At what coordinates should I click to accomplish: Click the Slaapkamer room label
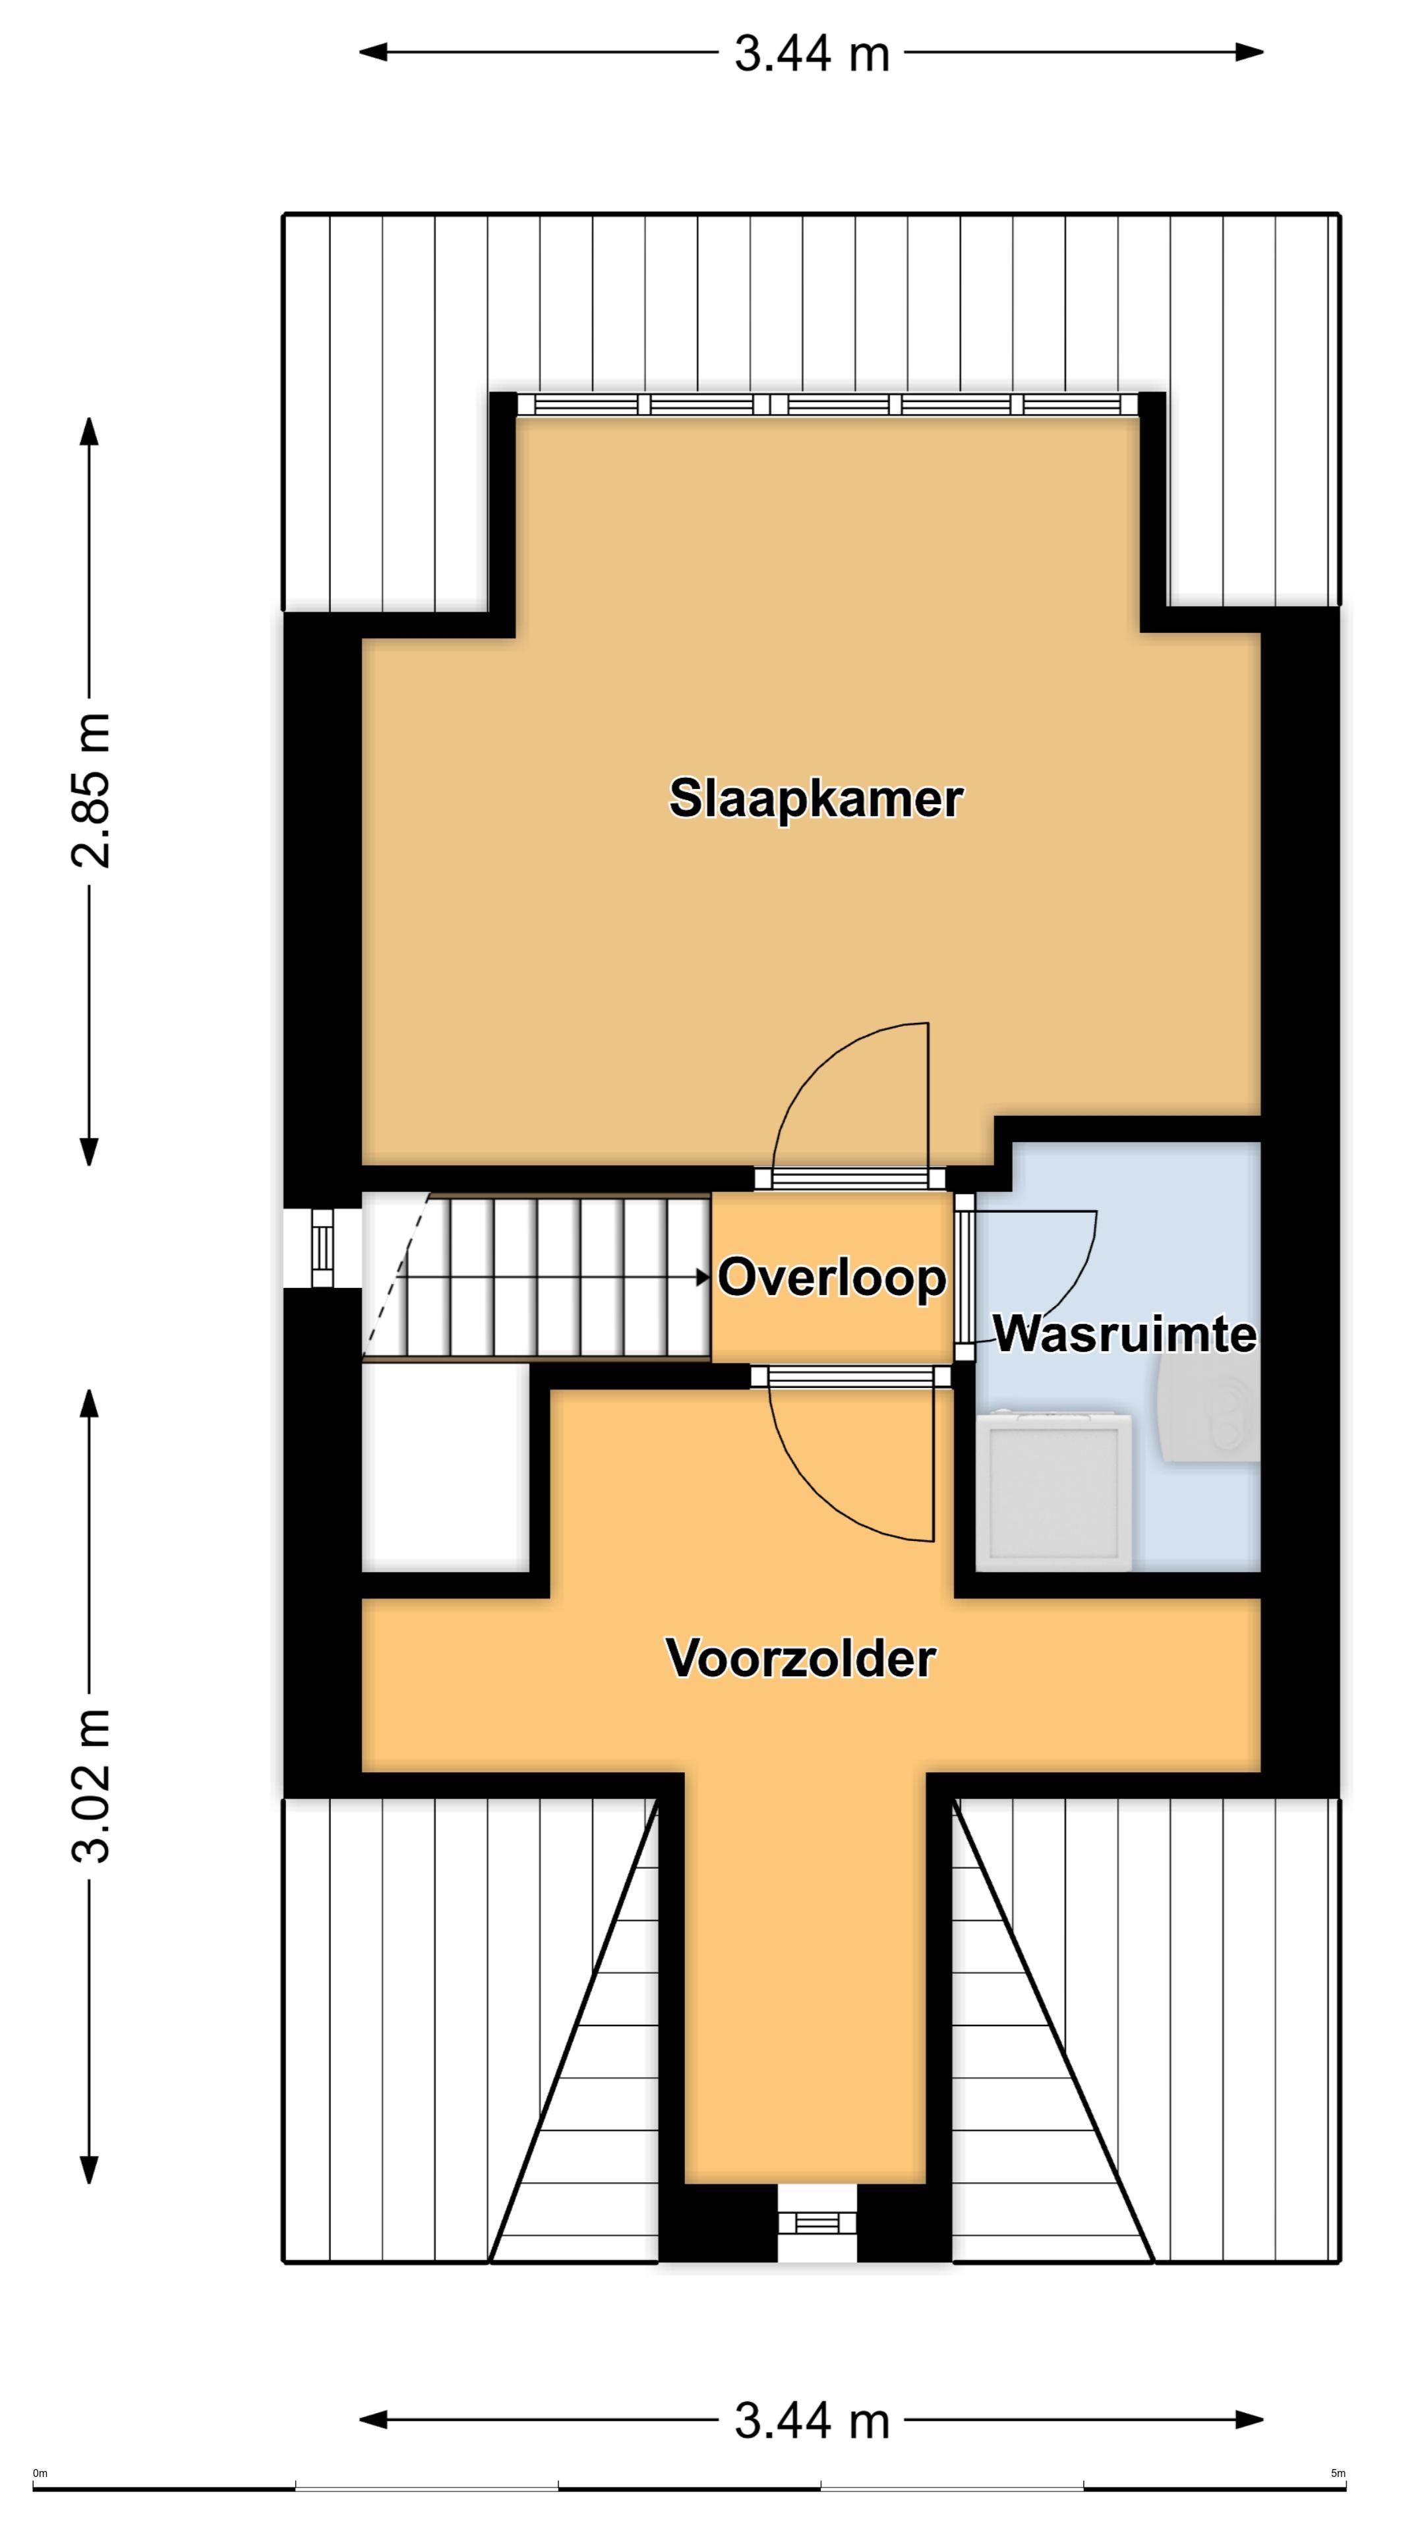(x=815, y=799)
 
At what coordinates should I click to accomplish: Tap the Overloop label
(x=831, y=1277)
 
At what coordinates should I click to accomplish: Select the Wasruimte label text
(x=1124, y=1334)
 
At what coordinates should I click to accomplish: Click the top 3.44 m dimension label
(x=812, y=54)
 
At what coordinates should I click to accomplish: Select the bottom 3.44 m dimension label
(x=812, y=2420)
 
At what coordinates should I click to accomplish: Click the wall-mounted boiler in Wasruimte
(x=1211, y=1415)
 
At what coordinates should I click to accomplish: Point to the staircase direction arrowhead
(x=703, y=1277)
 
